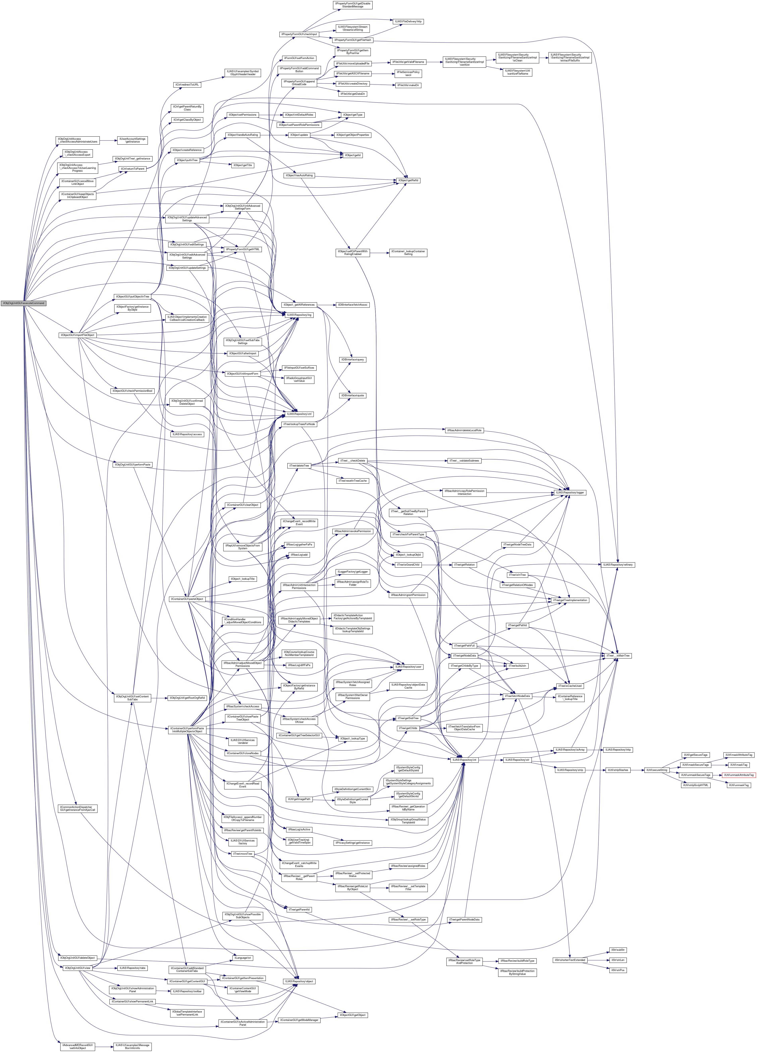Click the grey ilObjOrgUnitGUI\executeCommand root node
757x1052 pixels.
(x=23, y=303)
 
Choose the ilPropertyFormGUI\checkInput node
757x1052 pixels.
(x=298, y=34)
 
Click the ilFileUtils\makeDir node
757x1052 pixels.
(x=408, y=85)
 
